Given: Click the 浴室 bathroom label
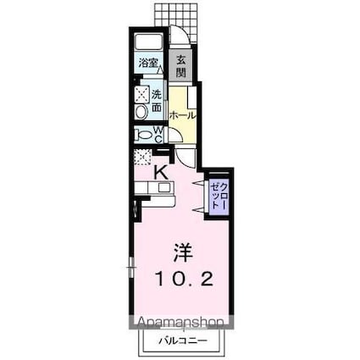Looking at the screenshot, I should point(149,63).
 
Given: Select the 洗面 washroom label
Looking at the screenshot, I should point(157,101).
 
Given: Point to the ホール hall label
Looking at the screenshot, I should point(183,114).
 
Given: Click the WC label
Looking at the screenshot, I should point(158,132).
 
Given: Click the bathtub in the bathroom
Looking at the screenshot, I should point(149,43).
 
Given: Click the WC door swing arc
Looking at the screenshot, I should point(174,135).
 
